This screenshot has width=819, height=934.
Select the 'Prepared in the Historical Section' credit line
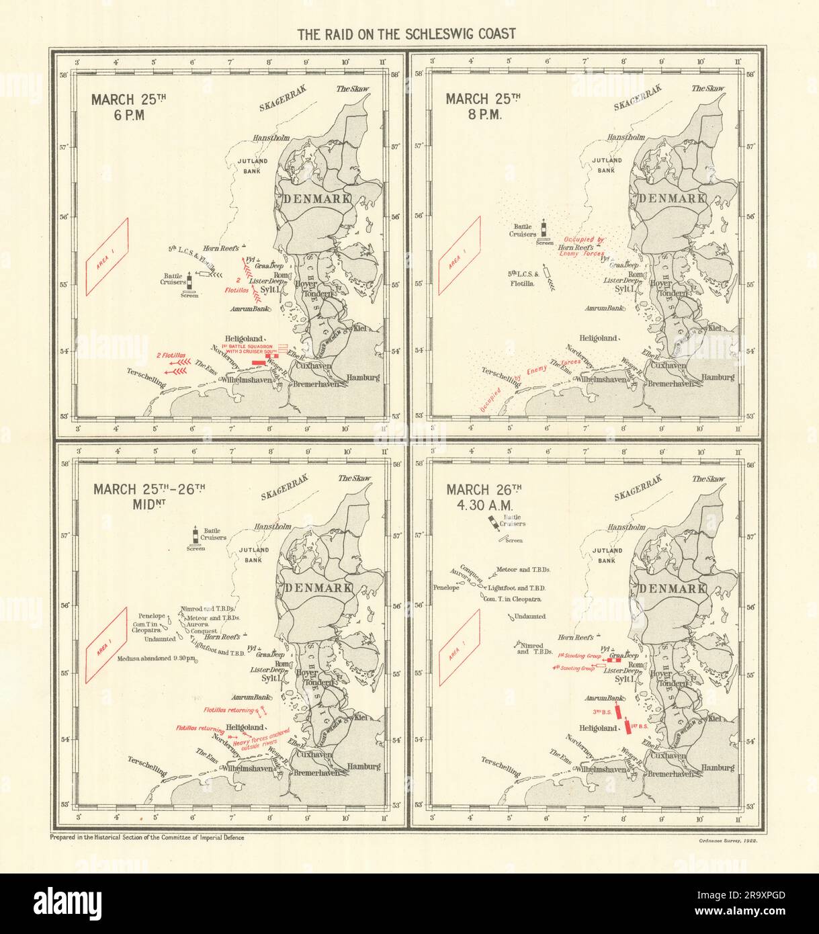146,837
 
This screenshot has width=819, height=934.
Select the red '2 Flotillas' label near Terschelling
171,355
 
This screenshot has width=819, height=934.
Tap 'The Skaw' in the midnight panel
354,478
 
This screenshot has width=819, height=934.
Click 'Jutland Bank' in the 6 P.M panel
253,166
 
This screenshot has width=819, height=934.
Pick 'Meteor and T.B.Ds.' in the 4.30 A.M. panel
522,569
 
